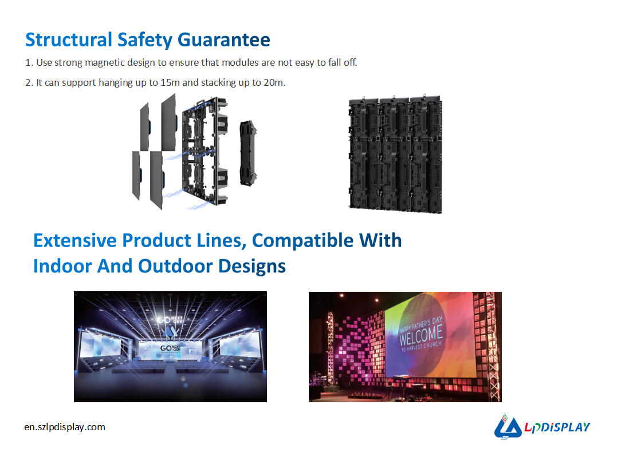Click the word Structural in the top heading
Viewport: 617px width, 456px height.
pyautogui.click(x=69, y=39)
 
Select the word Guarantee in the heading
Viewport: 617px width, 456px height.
pyautogui.click(x=224, y=39)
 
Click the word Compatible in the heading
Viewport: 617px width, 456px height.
pyautogui.click(x=302, y=240)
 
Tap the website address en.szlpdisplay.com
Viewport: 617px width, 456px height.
pyautogui.click(x=65, y=427)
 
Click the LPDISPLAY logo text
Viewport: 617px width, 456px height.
pyautogui.click(x=557, y=427)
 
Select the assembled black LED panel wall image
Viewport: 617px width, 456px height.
pyautogui.click(x=395, y=154)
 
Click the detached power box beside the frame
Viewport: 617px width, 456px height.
pyautogui.click(x=248, y=153)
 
